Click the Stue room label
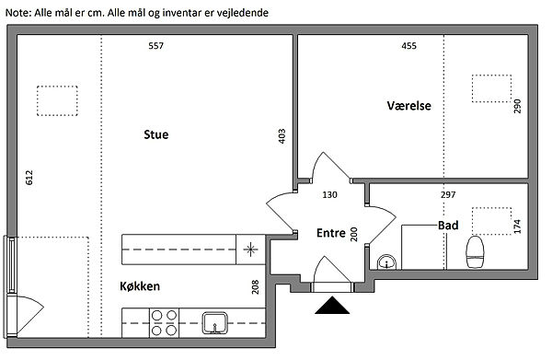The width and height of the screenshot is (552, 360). point(156,134)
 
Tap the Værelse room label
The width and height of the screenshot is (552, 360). point(409,106)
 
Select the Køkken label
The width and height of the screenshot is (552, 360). point(140,286)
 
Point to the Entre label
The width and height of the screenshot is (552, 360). point(331,233)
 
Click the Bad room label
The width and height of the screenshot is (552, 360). point(448,226)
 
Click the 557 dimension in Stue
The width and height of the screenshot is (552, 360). point(156,46)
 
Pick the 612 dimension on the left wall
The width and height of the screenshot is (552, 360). point(29,178)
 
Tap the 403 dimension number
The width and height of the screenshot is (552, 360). point(282,136)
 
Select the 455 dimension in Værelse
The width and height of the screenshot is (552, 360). point(409,46)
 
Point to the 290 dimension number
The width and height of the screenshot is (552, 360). point(517,107)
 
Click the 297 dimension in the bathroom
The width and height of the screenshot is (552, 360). point(448,194)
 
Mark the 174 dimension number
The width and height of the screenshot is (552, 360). point(517,226)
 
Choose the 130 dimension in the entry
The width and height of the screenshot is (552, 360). point(330,194)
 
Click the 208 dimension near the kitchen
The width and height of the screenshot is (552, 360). point(256,287)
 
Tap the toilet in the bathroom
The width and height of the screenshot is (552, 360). point(475,252)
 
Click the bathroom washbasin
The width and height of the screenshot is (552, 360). point(387,262)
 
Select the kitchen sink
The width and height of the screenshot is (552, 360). point(214,322)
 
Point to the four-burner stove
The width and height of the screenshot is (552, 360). point(164,322)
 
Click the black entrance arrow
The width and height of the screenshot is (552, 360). point(332,306)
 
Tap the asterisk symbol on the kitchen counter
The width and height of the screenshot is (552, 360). point(250,250)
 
